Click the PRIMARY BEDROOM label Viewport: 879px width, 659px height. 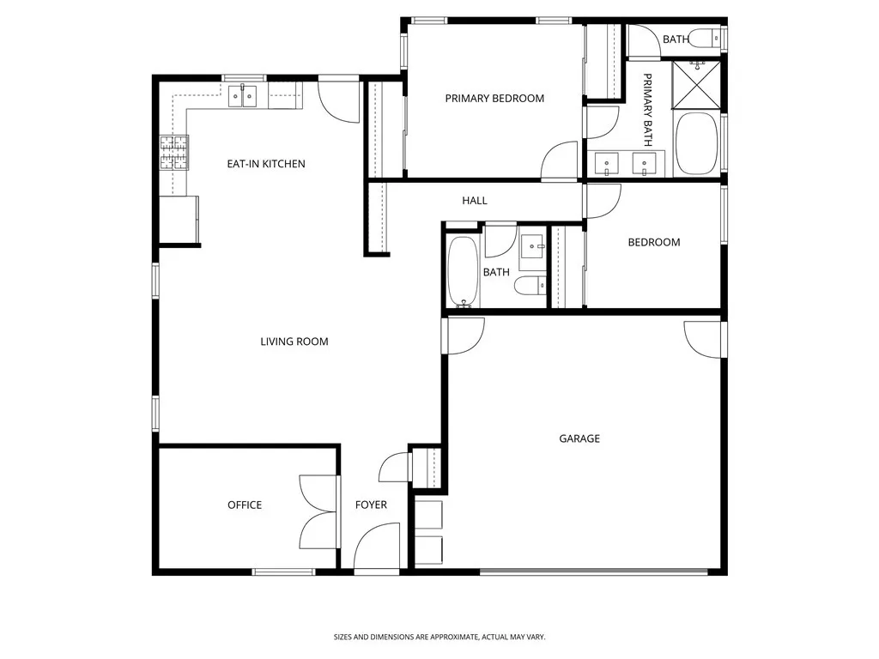[x=494, y=99]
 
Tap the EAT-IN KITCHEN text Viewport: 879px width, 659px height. [x=265, y=164]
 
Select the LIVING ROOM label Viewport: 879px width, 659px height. [x=294, y=342]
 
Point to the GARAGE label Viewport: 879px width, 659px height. [x=579, y=438]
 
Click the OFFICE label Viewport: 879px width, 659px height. [x=245, y=505]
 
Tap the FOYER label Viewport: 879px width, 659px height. [x=371, y=505]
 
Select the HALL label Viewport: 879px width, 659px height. [x=475, y=201]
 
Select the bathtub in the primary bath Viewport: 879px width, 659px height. [x=696, y=144]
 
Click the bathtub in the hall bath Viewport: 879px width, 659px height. [x=463, y=271]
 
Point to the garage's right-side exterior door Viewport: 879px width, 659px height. [x=705, y=339]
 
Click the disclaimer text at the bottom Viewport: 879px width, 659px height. [x=439, y=637]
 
